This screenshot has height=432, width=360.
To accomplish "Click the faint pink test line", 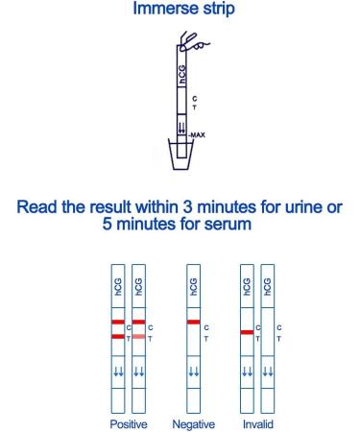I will click(x=139, y=337).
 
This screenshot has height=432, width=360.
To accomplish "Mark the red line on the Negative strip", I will click(x=193, y=322).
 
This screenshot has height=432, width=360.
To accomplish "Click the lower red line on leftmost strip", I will click(x=118, y=336).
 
